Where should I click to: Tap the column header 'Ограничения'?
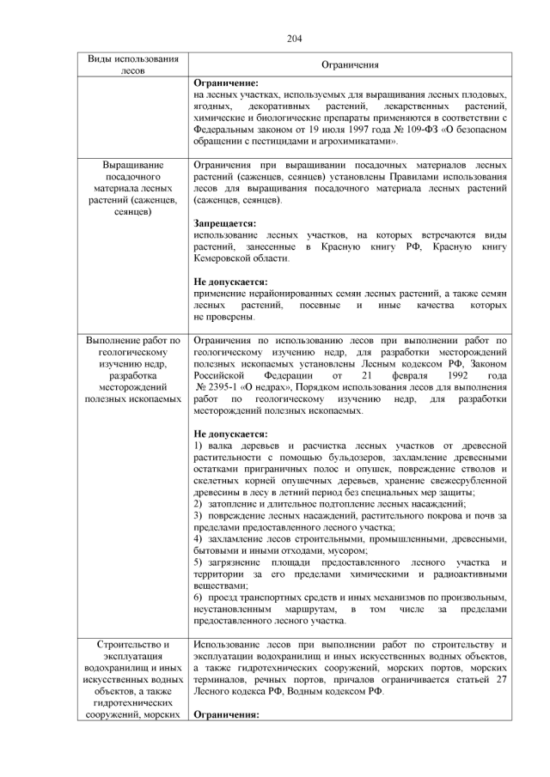pyautogui.click(x=350, y=65)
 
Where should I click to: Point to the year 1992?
pyautogui.click(x=497, y=375)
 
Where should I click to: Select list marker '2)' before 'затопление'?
pyautogui.click(x=199, y=504)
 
